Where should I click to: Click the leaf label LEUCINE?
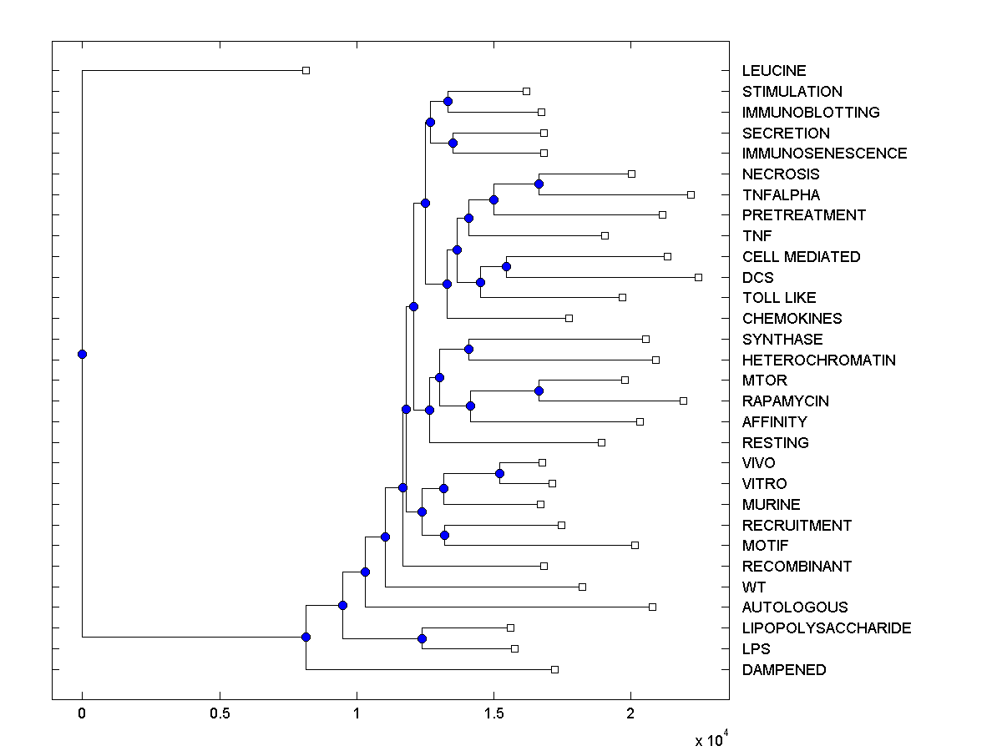coord(774,71)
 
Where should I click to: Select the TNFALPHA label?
coord(781,195)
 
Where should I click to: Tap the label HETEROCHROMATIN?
coord(818,360)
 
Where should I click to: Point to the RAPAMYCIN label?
coord(785,401)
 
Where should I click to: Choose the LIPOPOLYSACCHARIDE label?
coord(826,628)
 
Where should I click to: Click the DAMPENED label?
coord(783,670)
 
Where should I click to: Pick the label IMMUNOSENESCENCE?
coord(824,154)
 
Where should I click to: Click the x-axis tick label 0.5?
coord(220,713)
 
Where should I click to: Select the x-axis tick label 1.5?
coord(493,713)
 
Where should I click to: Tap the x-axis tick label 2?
coord(631,713)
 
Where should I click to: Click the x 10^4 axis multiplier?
coord(711,740)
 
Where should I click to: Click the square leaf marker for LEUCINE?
coord(306,71)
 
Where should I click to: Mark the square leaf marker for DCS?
coord(698,277)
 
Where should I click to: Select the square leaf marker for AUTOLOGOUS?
coord(652,607)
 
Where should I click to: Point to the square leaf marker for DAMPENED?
coord(554,669)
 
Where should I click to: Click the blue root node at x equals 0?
coord(82,354)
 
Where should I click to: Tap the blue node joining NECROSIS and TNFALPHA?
coord(539,184)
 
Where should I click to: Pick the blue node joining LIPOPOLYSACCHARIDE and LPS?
coord(422,638)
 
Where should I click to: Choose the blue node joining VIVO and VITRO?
coord(499,473)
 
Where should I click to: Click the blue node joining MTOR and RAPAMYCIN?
coord(539,391)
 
